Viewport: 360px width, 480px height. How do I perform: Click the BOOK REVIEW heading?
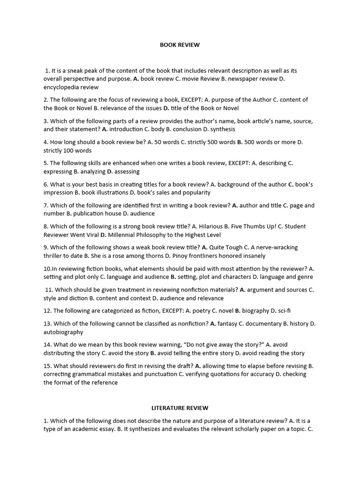[x=180, y=45]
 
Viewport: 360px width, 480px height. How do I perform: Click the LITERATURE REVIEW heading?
[x=180, y=408]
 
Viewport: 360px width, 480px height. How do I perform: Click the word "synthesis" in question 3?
[x=223, y=129]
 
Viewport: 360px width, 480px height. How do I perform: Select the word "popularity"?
[x=194, y=192]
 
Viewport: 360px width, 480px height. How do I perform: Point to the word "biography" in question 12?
[x=255, y=310]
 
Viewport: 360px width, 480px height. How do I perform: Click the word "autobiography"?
[x=63, y=332]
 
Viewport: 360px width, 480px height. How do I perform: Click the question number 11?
[x=49, y=290]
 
